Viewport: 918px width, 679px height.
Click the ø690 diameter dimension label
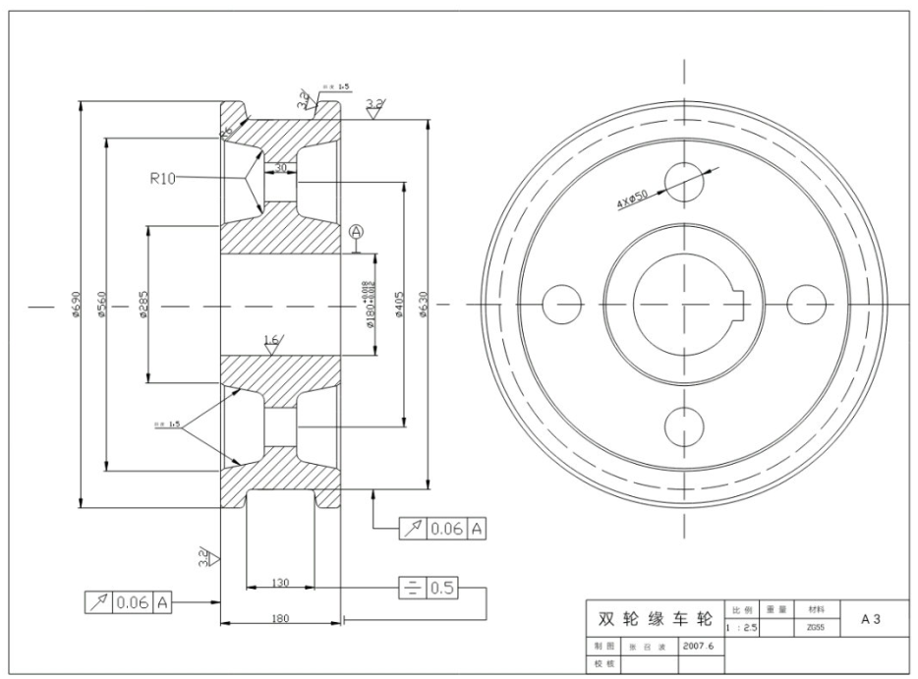click(76, 306)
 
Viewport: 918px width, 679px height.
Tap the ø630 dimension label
click(424, 306)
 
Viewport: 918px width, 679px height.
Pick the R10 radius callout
click(162, 178)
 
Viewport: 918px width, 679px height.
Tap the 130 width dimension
click(279, 583)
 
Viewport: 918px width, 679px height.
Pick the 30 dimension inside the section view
click(281, 168)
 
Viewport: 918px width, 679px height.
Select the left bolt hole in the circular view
click(561, 304)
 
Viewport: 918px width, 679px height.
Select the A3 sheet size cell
click(871, 618)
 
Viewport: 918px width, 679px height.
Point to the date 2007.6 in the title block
click(702, 647)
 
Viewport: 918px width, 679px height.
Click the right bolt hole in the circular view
click(808, 304)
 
